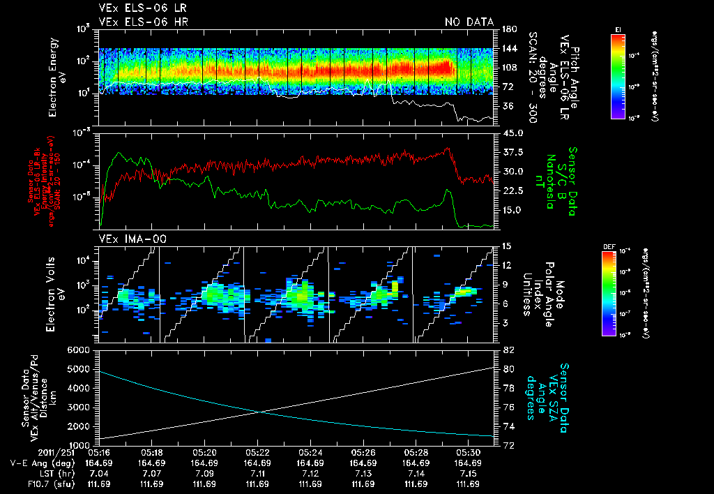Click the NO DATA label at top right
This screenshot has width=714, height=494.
(x=469, y=22)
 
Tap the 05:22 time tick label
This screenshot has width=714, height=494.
(x=257, y=452)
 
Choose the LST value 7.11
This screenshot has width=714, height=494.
(x=257, y=473)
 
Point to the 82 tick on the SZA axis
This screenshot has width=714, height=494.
(x=508, y=350)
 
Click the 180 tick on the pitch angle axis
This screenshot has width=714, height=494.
(x=508, y=29)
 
